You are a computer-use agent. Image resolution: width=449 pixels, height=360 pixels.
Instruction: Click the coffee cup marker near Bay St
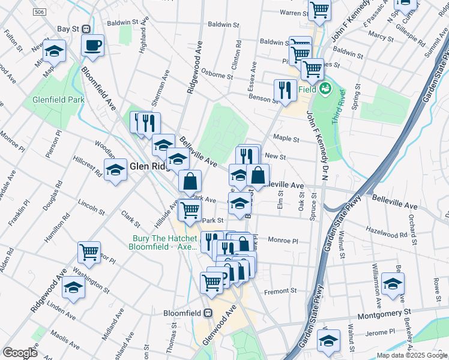pos(93,46)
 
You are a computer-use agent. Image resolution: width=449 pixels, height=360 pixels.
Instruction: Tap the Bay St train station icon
pos(86,29)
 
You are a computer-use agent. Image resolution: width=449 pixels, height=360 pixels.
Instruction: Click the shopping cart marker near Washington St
pos(89,252)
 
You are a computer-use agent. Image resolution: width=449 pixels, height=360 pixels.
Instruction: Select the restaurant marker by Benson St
pos(285,91)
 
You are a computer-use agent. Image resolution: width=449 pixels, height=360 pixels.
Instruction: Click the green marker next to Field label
pos(325,89)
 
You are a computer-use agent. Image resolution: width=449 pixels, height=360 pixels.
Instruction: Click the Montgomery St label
pos(383,313)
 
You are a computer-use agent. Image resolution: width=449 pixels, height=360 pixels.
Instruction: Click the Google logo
pos(20,353)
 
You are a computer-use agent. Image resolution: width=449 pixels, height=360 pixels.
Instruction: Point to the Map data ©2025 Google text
pos(412,355)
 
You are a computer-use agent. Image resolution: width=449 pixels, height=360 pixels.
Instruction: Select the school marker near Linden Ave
pos(74,287)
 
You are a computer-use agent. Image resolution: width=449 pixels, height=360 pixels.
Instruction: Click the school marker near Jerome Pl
pos(329,341)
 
